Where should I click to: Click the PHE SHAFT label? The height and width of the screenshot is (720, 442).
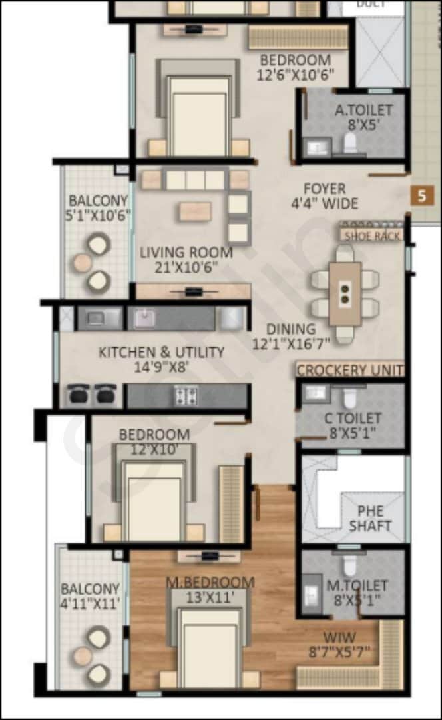(x=370, y=519)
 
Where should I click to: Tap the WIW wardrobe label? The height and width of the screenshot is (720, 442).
(x=339, y=637)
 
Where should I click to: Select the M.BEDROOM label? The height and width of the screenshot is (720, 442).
(x=210, y=583)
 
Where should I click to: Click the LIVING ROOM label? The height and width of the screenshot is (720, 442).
(x=186, y=253)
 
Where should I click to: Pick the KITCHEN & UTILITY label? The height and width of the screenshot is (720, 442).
(x=162, y=352)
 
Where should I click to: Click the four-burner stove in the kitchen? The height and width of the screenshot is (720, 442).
(x=185, y=395)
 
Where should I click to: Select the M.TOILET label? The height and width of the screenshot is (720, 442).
(x=357, y=585)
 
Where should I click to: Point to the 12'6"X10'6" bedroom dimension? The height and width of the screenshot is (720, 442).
(x=296, y=74)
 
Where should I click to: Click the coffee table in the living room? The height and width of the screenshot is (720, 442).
(x=195, y=211)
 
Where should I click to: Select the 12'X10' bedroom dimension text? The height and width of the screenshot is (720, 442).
(x=154, y=449)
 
